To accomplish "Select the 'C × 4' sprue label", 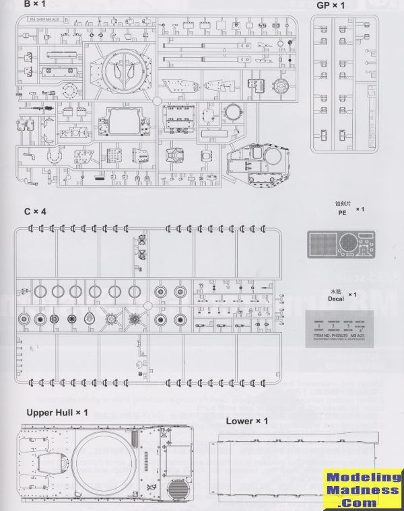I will click(x=36, y=212).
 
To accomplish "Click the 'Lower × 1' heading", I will click(x=247, y=421).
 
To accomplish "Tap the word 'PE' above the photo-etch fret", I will click(x=342, y=212).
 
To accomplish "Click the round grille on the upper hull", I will click(x=178, y=489).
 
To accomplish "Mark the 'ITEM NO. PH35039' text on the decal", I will click(x=334, y=336).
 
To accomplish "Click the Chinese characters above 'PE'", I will click(x=343, y=202).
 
